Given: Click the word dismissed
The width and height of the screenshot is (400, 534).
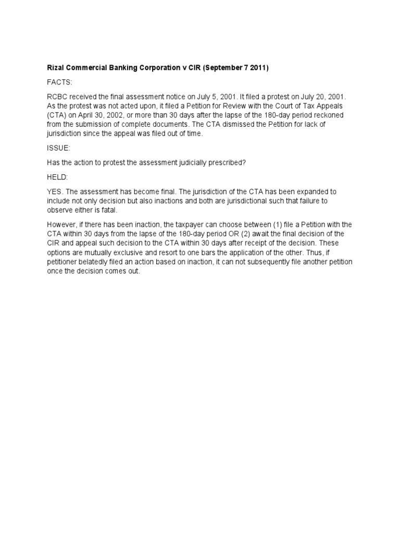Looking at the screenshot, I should [x=233, y=124].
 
